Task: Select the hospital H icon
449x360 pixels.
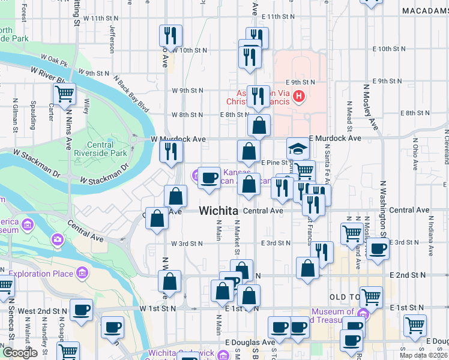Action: [299, 96]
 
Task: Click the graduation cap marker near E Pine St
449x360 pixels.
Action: [298, 149]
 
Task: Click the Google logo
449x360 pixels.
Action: [20, 352]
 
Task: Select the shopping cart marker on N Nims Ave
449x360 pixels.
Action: [64, 94]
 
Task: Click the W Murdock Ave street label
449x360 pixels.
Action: [178, 139]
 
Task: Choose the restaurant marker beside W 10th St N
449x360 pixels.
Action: [171, 37]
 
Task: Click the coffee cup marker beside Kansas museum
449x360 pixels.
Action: [209, 178]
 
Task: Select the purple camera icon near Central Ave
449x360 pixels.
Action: [58, 240]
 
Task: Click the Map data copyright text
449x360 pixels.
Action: [423, 355]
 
